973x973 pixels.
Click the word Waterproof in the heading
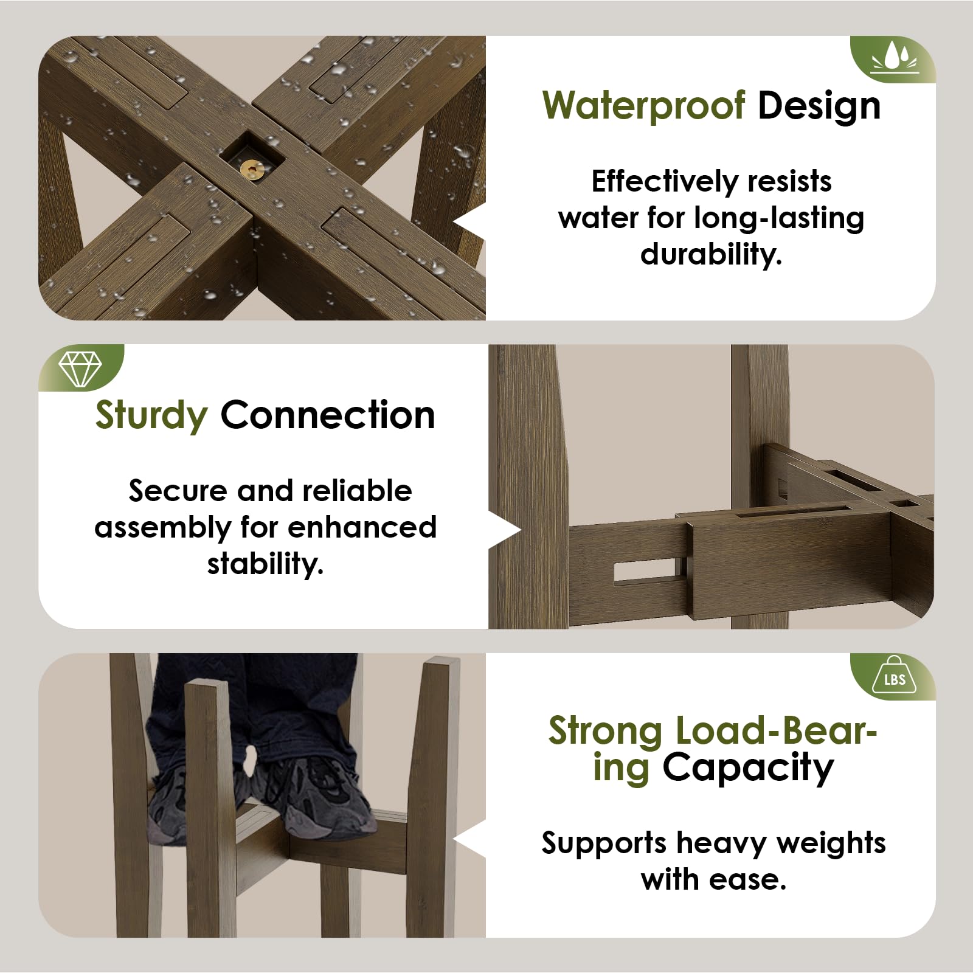pos(644,106)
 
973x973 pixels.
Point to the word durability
pos(711,254)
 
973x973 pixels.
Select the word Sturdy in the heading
pos(151,417)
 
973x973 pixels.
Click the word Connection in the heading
pos(328,415)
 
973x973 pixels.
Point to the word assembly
pos(163,527)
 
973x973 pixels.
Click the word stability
pos(265,563)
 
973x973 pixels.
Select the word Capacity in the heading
pos(747,768)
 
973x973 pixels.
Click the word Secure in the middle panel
pos(177,491)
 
